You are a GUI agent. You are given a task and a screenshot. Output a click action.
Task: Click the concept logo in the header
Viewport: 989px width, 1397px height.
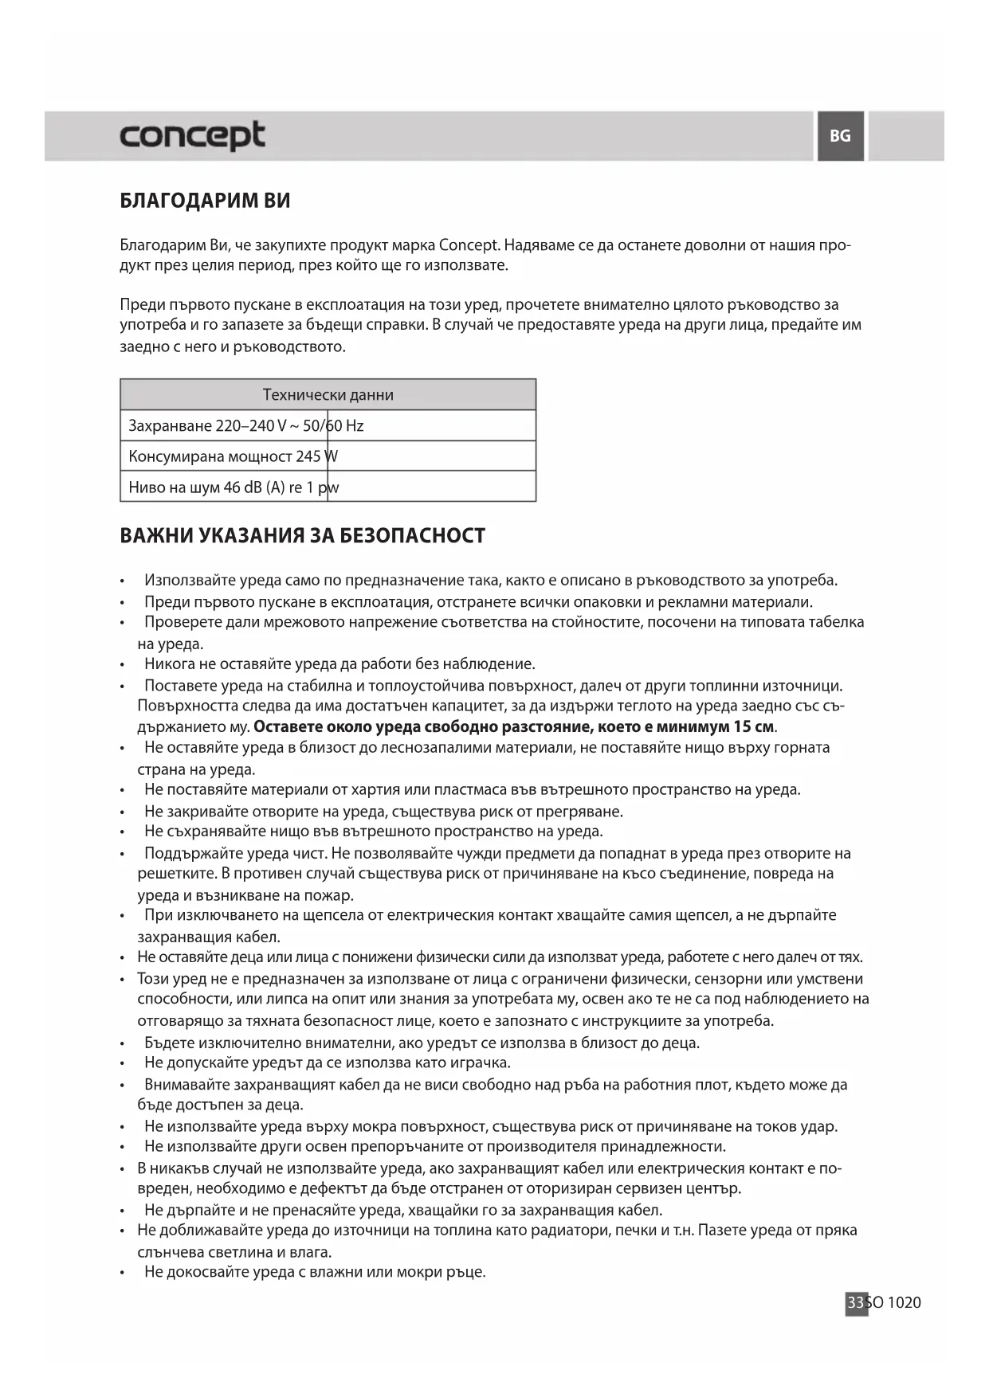(x=192, y=135)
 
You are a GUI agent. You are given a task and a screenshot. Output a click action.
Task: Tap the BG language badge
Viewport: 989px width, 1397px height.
(x=840, y=136)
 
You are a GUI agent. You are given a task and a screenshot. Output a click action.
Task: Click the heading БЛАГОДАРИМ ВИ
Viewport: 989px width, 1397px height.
(x=205, y=201)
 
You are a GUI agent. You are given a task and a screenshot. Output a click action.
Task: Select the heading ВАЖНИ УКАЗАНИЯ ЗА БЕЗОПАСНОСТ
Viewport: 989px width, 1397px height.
(x=302, y=536)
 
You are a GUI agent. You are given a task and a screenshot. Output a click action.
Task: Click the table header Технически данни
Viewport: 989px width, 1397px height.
(x=328, y=395)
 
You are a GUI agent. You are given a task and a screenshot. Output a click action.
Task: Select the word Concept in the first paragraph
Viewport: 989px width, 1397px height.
(x=469, y=245)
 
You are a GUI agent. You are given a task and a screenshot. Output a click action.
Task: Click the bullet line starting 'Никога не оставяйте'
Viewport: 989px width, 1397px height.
(x=339, y=664)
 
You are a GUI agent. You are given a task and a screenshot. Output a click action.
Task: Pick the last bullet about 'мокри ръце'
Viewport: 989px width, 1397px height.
(x=315, y=1272)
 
